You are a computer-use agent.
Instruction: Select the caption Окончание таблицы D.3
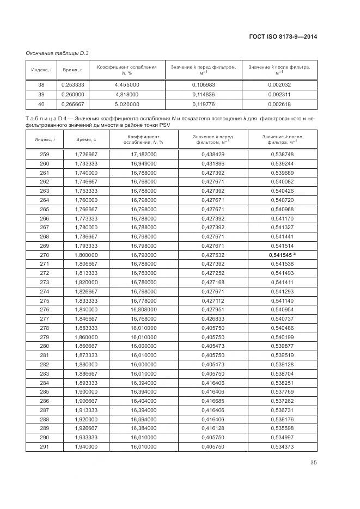58,53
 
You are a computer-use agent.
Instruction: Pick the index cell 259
45,155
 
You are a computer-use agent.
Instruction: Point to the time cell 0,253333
72,84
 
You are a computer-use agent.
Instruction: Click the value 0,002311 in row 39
279,94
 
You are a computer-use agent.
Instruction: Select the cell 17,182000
143,155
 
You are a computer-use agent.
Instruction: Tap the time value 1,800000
86,254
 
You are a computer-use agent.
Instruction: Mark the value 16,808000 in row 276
143,310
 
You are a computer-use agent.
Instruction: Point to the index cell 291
45,446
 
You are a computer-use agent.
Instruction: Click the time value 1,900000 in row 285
86,391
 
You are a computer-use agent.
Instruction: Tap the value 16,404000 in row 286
143,401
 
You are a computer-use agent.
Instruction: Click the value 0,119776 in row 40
204,103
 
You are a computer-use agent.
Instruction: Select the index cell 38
41,84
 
